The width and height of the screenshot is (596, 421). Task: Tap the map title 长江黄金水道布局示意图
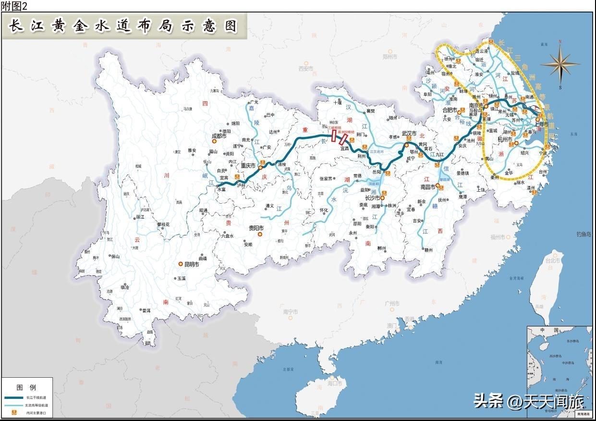124,26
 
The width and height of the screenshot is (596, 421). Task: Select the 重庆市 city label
248,166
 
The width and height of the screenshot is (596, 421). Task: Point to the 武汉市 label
410,134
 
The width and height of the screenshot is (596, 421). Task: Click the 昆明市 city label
191,264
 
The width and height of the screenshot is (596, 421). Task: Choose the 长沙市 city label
372,198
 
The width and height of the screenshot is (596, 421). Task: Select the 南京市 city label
476,106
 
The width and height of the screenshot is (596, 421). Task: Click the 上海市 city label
542,124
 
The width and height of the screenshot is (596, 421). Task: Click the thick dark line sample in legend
14,398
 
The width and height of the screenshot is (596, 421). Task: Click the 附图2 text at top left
14,5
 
